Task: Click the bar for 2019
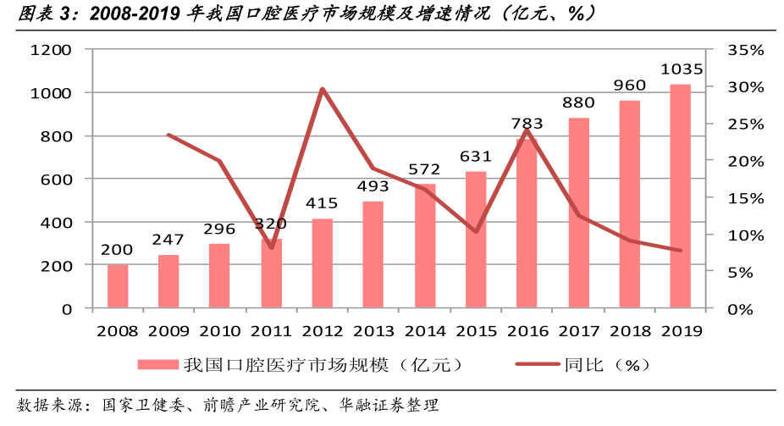coord(680,196)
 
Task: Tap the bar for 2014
coord(424,246)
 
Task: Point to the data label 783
coord(527,124)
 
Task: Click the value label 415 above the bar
coord(322,203)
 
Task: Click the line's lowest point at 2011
coord(271,247)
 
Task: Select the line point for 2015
coord(476,231)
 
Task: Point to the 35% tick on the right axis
coord(745,50)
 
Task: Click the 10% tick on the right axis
coord(745,235)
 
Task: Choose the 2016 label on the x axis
coord(527,331)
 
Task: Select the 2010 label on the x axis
coord(220,331)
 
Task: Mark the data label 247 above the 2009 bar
coord(168,240)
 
